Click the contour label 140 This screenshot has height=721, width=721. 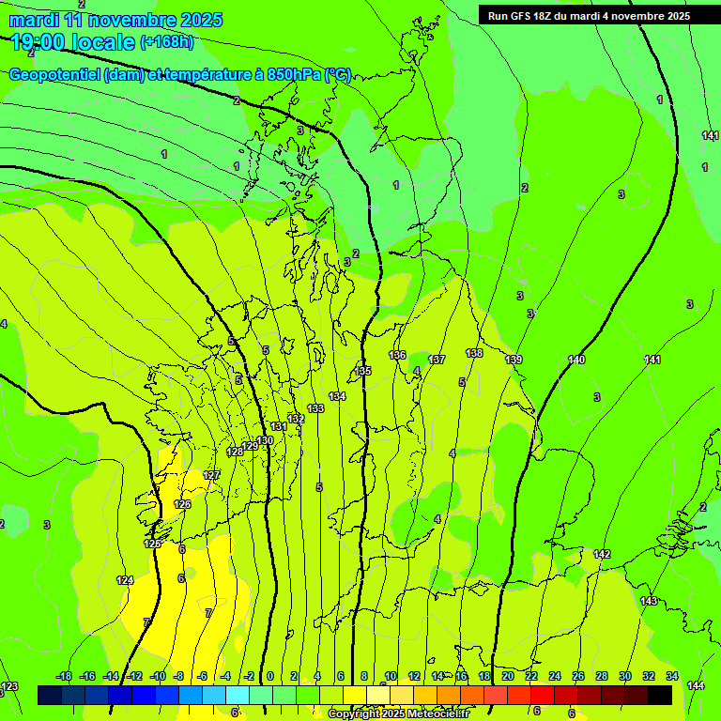coord(576,360)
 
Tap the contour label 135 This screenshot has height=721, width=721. coord(363,371)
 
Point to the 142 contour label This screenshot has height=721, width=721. coord(602,554)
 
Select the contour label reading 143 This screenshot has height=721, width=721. coord(649,601)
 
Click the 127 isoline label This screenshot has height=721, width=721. coord(212,475)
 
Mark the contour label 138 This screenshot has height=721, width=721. coord(474,353)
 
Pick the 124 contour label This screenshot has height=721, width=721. coord(125,580)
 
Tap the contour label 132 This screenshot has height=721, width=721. coord(296,419)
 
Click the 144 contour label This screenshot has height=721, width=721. coord(696,686)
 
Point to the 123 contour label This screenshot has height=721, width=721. coord(9,687)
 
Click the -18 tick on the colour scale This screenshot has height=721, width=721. coord(64,676)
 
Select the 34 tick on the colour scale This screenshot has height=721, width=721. coord(672,676)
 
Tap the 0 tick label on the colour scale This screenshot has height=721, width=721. coord(270,676)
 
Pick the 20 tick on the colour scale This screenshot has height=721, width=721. coord(508,676)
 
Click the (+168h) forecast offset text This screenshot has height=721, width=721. coord(167,41)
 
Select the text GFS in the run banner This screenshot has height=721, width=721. coord(523,16)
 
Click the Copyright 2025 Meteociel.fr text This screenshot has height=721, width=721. coord(398,714)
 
